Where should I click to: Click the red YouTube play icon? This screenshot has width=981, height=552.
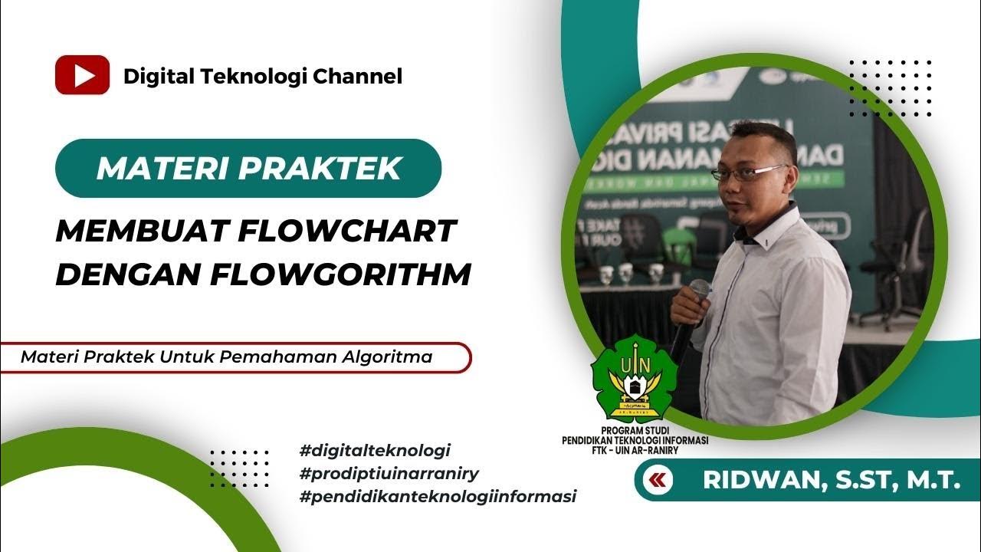[82, 75]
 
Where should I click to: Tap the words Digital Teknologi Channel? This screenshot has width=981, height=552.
[262, 76]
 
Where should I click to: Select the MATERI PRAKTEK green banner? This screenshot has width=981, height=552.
[248, 168]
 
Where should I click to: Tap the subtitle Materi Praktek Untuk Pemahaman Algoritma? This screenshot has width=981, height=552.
[227, 356]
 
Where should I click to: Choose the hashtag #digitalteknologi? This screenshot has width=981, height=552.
[375, 449]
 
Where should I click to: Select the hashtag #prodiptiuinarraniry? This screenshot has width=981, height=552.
[389, 473]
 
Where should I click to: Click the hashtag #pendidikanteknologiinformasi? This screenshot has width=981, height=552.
[438, 496]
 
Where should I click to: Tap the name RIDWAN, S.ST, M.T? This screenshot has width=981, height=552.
[832, 481]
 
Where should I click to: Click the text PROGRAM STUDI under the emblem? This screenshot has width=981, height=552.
[635, 432]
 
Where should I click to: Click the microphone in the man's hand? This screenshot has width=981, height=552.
[697, 292]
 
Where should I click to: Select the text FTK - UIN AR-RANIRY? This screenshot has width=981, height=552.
[635, 450]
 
